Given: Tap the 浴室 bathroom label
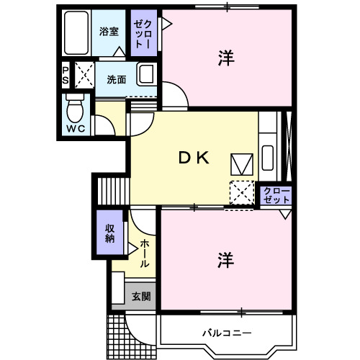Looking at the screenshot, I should (x=108, y=32).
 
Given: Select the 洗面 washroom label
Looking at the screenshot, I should (x=116, y=78).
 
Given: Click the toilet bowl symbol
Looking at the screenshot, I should (x=73, y=109).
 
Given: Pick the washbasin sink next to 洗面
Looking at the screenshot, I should (x=146, y=75).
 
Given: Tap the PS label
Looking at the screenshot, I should (x=66, y=76).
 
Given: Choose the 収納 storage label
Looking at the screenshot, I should (x=110, y=233).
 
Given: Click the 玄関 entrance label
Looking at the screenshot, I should (x=141, y=296).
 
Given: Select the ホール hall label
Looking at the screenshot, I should (x=144, y=253).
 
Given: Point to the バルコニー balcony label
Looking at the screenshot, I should (x=225, y=333).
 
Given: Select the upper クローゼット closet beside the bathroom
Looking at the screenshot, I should (x=141, y=33).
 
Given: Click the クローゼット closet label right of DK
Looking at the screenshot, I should (x=276, y=194).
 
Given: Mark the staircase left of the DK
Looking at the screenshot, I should (x=112, y=191).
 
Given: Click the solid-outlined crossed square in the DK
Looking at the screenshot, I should (x=240, y=163).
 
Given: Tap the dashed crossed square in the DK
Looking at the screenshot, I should (x=241, y=192).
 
